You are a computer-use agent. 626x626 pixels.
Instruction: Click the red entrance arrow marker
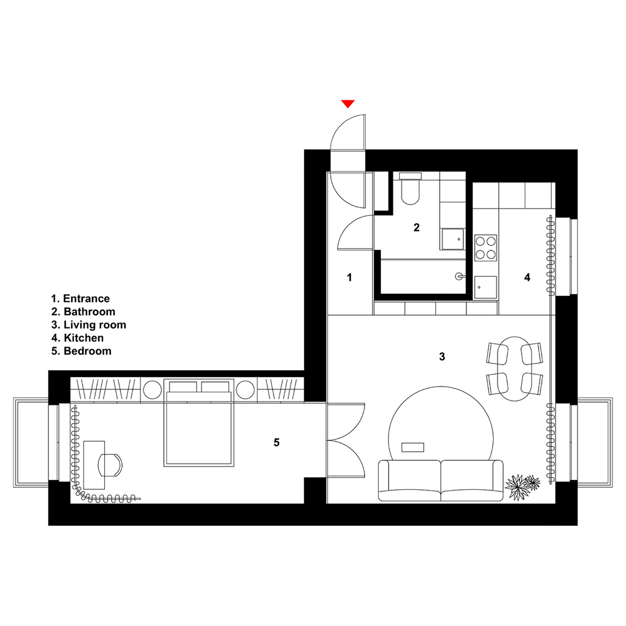point(347,104)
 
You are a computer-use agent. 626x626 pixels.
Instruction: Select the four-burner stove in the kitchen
point(485,248)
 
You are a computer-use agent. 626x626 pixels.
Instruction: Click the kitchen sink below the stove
point(485,287)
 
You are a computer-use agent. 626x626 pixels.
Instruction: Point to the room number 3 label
point(442,357)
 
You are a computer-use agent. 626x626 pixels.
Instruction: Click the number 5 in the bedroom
point(276,442)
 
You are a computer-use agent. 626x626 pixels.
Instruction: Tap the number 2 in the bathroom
point(416,228)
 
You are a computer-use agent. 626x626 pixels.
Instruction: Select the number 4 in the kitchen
point(527,277)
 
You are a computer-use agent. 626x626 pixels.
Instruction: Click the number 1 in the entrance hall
point(350,277)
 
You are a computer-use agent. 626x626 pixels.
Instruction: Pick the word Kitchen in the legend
point(84,338)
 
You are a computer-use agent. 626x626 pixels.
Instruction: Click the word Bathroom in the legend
point(89,312)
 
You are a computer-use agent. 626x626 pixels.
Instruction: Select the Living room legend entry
point(89,325)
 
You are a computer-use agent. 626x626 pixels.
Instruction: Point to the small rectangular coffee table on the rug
point(413,447)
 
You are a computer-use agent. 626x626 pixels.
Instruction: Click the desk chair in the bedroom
point(110,465)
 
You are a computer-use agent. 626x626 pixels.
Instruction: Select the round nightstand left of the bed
point(152,390)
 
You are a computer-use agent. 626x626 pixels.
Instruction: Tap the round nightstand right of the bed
point(245,390)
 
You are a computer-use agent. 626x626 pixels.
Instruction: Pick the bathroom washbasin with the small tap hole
point(452,239)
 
